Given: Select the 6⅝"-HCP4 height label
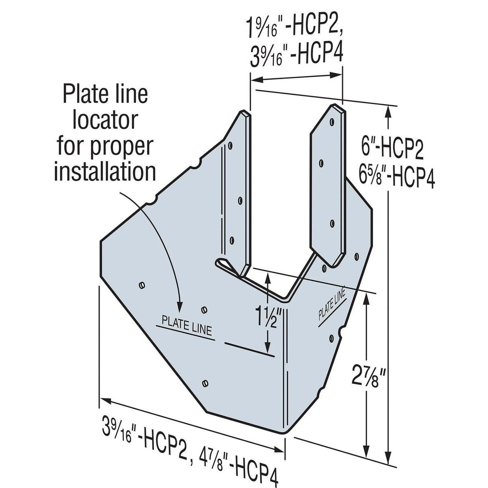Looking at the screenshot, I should point(396,178).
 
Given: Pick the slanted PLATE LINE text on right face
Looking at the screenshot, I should point(332,304).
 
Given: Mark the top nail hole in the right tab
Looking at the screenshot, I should point(332,121).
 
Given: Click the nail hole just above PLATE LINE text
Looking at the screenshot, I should point(204,310).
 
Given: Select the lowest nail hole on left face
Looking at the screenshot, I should point(206,383).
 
